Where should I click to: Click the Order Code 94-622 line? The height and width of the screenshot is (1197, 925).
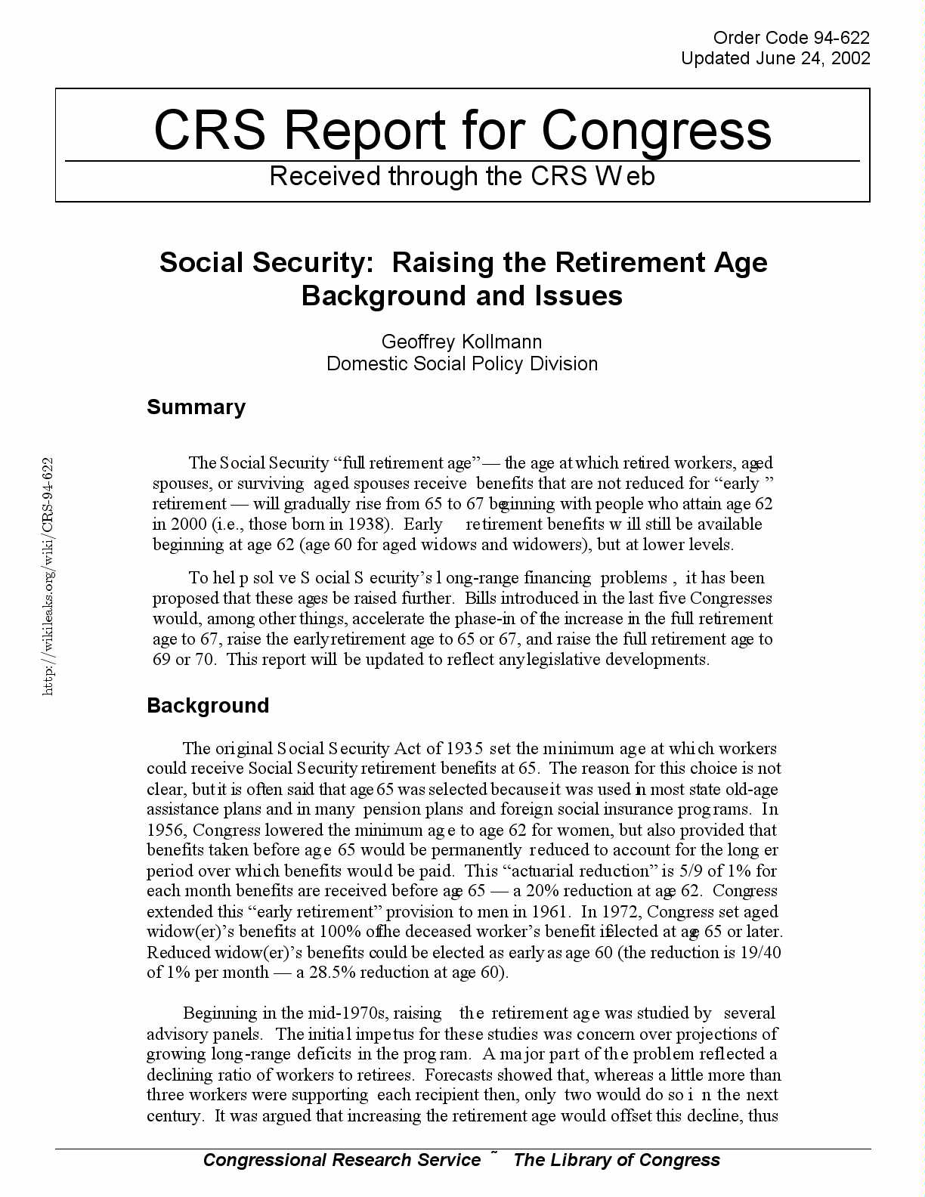tap(791, 38)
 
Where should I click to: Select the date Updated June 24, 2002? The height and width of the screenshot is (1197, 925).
tap(775, 58)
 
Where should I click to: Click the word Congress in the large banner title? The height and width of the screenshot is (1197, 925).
tap(657, 130)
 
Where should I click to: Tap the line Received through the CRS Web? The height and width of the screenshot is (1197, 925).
tap(462, 176)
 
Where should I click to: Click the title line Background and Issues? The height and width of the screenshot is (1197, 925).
tap(462, 295)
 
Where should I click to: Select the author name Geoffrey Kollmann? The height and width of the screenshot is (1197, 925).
tap(462, 342)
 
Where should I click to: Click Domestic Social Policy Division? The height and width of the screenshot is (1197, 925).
tap(462, 363)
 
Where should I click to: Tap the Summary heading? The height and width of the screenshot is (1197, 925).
tap(196, 407)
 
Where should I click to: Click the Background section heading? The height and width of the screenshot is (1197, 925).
tap(208, 706)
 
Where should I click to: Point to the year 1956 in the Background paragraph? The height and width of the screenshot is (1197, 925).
tap(166, 830)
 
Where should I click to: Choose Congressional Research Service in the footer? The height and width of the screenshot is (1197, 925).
tap(342, 1161)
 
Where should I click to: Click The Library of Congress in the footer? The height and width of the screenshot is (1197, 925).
tap(617, 1161)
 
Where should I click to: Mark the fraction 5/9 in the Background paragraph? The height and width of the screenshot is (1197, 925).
tap(691, 871)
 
